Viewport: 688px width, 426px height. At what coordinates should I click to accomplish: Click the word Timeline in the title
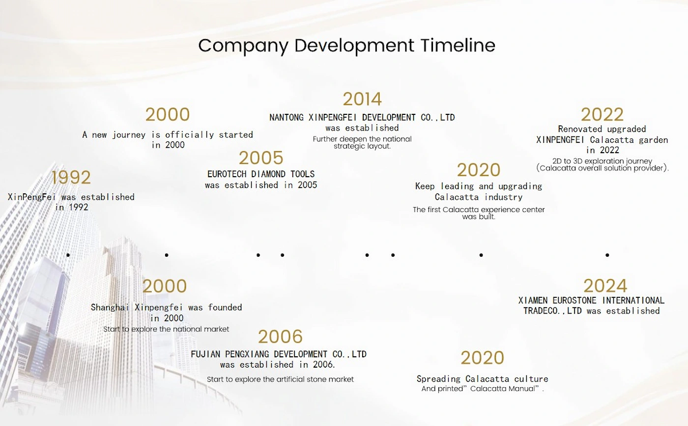[x=458, y=45]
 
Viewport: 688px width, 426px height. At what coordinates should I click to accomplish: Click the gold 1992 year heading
[x=71, y=177]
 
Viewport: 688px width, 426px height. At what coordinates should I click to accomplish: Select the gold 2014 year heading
[x=362, y=99]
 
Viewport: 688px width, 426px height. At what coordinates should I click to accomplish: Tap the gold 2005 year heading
[x=261, y=158]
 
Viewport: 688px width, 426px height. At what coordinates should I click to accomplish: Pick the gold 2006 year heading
[x=280, y=337]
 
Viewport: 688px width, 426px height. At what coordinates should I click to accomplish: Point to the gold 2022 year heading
[x=602, y=115]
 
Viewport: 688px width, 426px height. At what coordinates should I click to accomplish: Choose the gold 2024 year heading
[x=605, y=286]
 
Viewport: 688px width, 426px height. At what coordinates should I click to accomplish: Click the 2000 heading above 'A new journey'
[x=168, y=115]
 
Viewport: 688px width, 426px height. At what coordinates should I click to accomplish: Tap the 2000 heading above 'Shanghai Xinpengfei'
[x=165, y=286]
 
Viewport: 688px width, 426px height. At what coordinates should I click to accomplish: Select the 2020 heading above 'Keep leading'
[x=479, y=170]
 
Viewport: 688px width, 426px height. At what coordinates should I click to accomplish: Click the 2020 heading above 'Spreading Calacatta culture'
[x=482, y=358]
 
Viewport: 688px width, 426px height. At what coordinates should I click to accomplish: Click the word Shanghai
[x=110, y=307]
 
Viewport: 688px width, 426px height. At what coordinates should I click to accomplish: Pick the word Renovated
[x=580, y=129]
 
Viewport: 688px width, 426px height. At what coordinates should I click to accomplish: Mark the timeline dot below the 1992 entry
[x=68, y=255]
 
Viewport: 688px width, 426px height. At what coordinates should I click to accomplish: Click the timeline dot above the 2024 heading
[x=607, y=255]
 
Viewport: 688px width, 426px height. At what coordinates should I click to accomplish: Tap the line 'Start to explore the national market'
[x=166, y=329]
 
